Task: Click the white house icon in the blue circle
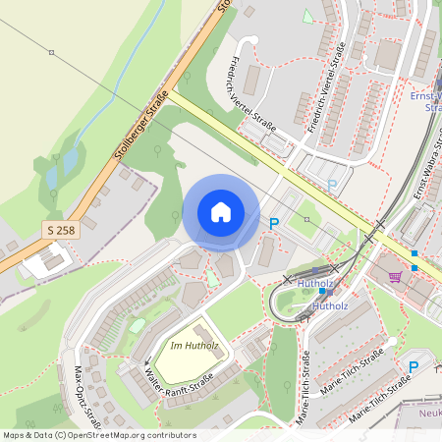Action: click(221, 212)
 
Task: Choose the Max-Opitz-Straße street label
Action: click(88, 397)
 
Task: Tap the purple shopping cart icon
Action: click(396, 277)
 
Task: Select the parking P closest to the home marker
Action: click(274, 224)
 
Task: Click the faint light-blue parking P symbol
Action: click(331, 184)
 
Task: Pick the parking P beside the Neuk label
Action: click(414, 366)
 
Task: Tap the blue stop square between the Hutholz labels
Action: click(324, 292)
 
